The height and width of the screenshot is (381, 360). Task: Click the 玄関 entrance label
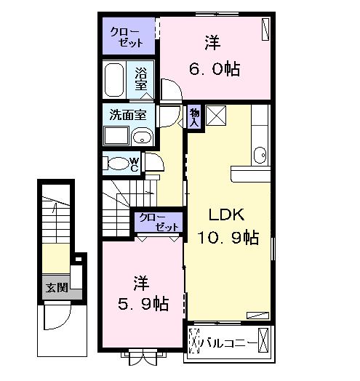point(56,287)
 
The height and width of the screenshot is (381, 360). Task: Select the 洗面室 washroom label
point(127,114)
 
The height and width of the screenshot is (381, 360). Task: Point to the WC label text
point(135,164)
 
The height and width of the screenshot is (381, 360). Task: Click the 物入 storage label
point(194,117)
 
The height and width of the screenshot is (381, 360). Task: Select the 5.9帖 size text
point(143,303)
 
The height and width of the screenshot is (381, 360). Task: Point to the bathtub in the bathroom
point(116,79)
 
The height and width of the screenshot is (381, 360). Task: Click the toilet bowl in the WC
point(117,164)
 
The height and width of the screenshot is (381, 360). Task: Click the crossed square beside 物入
point(216,115)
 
